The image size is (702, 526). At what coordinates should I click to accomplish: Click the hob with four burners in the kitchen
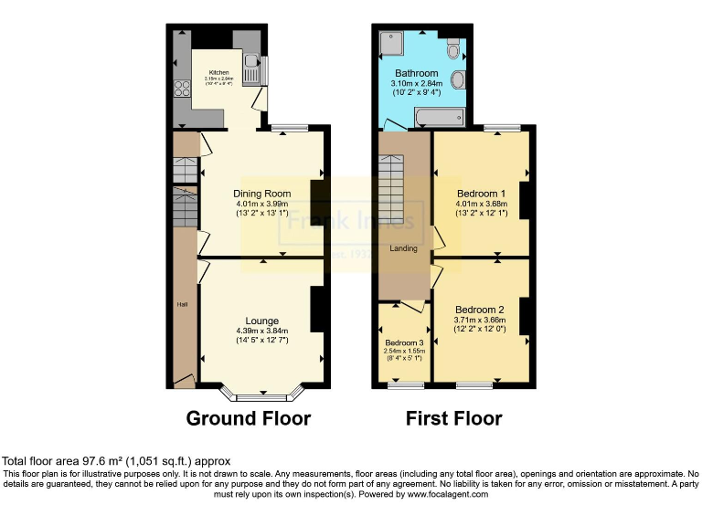176,89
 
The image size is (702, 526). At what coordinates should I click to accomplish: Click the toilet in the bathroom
458,81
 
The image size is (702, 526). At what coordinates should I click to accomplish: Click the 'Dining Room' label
261,194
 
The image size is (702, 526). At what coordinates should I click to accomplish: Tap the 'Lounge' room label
261,321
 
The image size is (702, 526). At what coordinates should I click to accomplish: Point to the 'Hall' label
182,304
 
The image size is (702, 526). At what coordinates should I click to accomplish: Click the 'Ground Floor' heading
248,419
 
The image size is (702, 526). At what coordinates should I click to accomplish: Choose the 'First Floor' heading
453,419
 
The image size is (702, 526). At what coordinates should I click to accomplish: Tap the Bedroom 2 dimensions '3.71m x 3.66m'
480,320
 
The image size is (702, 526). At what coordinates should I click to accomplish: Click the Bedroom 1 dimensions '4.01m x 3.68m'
480,204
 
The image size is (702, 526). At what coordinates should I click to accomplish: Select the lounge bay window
262,396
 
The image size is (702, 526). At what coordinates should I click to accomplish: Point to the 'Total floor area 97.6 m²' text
116,461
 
